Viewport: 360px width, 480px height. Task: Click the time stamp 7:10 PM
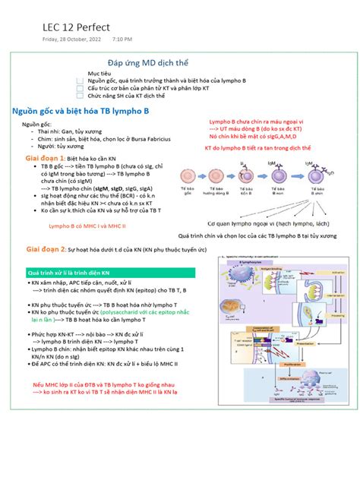pos(122,39)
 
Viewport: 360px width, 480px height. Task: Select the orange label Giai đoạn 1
pos(46,158)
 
